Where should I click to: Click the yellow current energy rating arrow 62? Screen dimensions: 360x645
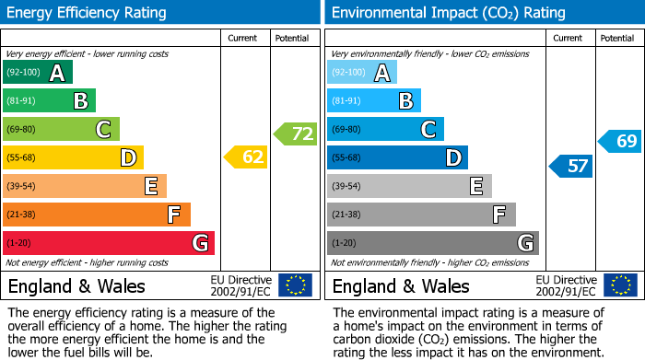[246, 157]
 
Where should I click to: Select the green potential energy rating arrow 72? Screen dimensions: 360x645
[295, 134]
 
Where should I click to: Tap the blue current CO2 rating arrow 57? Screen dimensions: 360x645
[570, 166]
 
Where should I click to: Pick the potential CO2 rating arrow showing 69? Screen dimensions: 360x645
[619, 141]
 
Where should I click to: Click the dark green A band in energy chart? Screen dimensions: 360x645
[38, 73]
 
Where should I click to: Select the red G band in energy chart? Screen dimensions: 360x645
[109, 243]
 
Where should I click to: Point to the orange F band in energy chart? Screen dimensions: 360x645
[97, 215]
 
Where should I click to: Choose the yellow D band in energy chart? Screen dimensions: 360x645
[73, 157]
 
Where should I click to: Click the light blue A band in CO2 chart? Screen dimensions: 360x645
[362, 73]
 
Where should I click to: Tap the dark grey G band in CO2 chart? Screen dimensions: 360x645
[433, 243]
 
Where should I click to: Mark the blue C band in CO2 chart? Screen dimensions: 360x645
[386, 129]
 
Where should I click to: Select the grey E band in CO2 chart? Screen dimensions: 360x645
[409, 186]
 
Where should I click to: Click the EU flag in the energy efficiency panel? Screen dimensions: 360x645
[295, 285]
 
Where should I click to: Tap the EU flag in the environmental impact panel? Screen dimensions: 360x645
[619, 285]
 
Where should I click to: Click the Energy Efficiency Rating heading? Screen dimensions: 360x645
[88, 13]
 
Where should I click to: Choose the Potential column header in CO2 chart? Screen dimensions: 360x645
[617, 38]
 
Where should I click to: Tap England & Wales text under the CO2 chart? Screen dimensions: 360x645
[401, 285]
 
